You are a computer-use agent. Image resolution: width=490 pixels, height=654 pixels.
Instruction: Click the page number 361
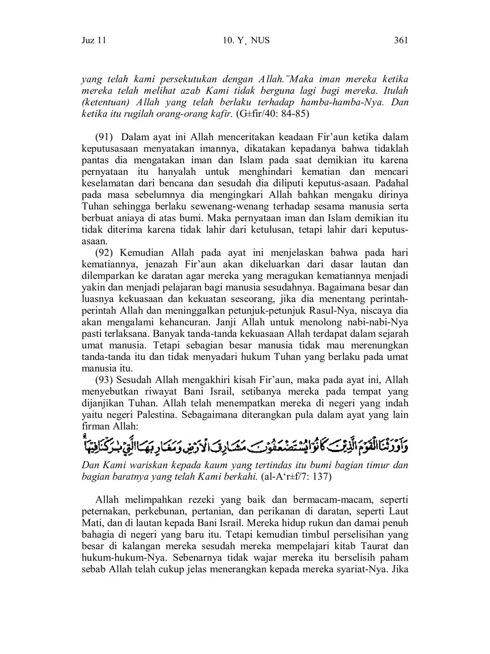click(401, 41)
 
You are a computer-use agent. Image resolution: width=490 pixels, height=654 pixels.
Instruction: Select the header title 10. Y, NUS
click(246, 41)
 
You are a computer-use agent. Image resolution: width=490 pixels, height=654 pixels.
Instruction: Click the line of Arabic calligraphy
click(245, 445)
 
